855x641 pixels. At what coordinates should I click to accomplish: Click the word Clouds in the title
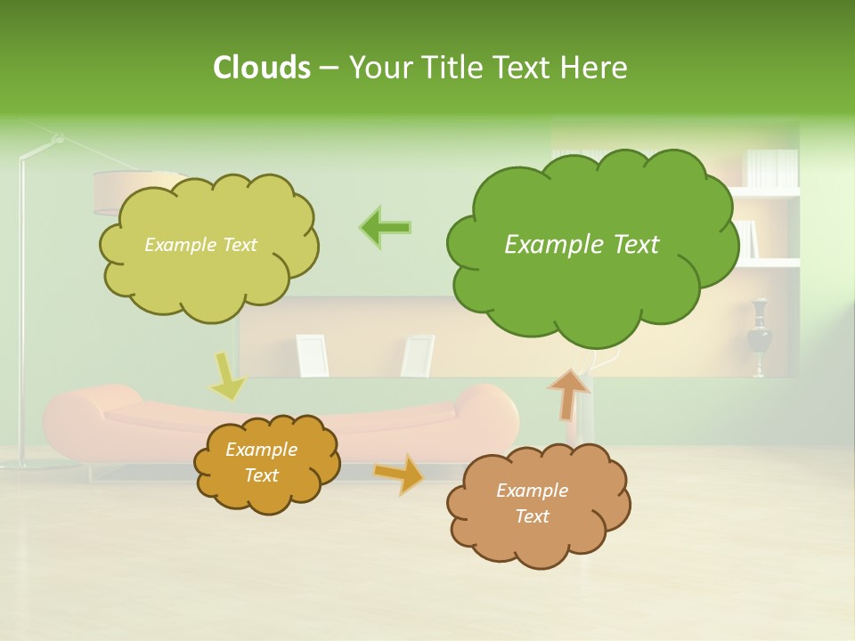[261, 68]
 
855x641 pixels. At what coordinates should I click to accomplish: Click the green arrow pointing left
[386, 227]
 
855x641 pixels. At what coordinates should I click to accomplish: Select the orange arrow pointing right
[399, 473]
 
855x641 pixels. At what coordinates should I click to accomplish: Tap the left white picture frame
[312, 354]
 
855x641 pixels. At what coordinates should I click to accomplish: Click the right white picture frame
[417, 354]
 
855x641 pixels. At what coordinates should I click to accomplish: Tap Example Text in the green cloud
[582, 245]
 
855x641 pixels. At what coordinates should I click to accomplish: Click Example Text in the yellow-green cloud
[200, 245]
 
